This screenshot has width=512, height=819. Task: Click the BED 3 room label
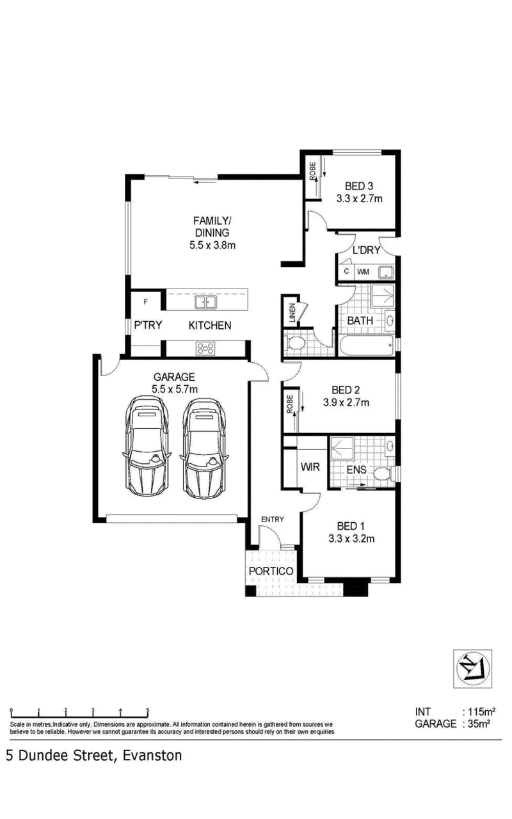pyautogui.click(x=359, y=186)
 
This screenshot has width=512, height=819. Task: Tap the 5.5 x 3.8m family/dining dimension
pyautogui.click(x=212, y=245)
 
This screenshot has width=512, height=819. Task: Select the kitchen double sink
pyautogui.click(x=205, y=303)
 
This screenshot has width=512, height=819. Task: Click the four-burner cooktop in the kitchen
pyautogui.click(x=205, y=349)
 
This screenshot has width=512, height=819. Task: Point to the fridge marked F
pyautogui.click(x=145, y=301)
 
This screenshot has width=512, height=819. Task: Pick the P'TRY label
pyautogui.click(x=148, y=325)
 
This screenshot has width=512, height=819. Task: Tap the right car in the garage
pyautogui.click(x=204, y=448)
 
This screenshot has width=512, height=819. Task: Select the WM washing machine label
pyautogui.click(x=363, y=272)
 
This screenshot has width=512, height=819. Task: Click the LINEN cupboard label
pyautogui.click(x=292, y=313)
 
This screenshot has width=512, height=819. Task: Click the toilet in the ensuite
pyautogui.click(x=384, y=474)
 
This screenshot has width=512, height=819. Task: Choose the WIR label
pyautogui.click(x=310, y=467)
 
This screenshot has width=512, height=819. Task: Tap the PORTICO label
pyautogui.click(x=271, y=571)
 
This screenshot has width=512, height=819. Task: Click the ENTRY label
pyautogui.click(x=273, y=519)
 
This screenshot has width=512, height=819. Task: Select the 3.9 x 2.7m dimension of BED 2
pyautogui.click(x=346, y=402)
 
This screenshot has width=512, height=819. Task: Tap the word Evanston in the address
pyautogui.click(x=152, y=756)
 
